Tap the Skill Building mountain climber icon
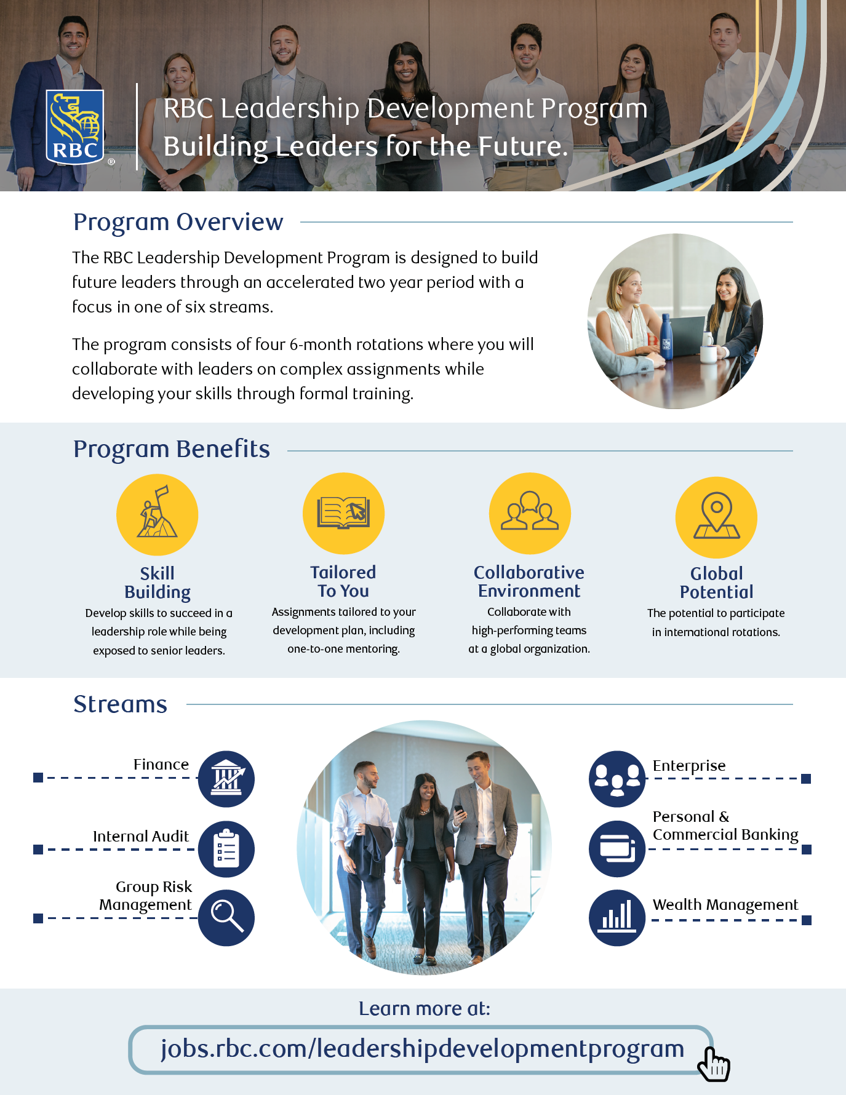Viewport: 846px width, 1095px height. [x=157, y=515]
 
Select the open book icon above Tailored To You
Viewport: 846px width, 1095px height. [x=343, y=513]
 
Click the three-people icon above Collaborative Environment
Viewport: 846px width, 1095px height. [x=530, y=513]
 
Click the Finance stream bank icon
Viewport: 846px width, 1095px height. [x=226, y=779]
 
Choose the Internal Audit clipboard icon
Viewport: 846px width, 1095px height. [x=226, y=849]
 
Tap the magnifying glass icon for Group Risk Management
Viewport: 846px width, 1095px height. [x=226, y=917]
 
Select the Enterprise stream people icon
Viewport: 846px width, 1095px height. [x=617, y=779]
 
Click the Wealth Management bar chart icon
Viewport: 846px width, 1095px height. [x=617, y=917]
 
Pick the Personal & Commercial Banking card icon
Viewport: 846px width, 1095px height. [x=617, y=849]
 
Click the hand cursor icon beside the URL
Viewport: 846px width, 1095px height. [x=714, y=1065]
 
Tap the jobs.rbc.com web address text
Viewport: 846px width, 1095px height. [x=422, y=1049]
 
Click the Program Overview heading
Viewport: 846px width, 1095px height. [x=178, y=222]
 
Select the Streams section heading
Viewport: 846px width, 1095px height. [x=121, y=704]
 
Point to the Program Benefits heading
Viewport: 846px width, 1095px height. [x=172, y=449]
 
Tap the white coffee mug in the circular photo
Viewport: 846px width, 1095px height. [x=709, y=353]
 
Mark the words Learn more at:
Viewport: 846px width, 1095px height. [x=425, y=1009]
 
